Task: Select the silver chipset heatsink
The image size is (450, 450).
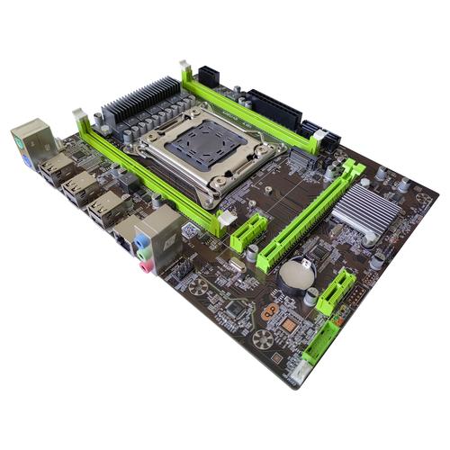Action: [x=366, y=212]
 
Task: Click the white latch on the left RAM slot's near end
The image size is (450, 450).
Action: [x=225, y=217]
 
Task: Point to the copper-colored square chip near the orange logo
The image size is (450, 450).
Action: [x=289, y=321]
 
